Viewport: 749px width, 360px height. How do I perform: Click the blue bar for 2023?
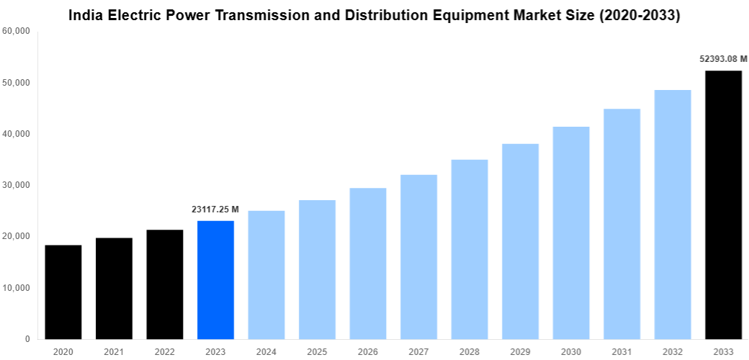(x=215, y=279)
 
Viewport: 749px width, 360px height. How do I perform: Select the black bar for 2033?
(x=723, y=204)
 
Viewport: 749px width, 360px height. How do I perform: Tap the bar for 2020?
(x=63, y=292)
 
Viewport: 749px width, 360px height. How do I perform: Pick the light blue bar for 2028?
(x=470, y=249)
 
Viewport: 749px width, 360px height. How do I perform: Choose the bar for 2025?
(x=317, y=269)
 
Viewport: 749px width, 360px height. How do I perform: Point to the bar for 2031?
(x=622, y=223)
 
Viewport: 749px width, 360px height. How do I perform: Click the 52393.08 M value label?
(x=723, y=59)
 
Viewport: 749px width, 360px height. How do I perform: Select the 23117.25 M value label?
(x=215, y=210)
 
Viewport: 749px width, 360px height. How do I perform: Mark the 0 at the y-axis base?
(x=27, y=339)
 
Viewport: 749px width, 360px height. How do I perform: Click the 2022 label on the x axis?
(x=164, y=351)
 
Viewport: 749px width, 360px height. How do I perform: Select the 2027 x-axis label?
(x=418, y=351)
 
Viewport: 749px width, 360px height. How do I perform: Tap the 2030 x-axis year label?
(x=571, y=351)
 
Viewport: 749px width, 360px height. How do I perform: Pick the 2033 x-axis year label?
(x=723, y=351)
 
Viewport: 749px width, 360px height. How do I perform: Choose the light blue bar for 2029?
(x=520, y=241)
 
